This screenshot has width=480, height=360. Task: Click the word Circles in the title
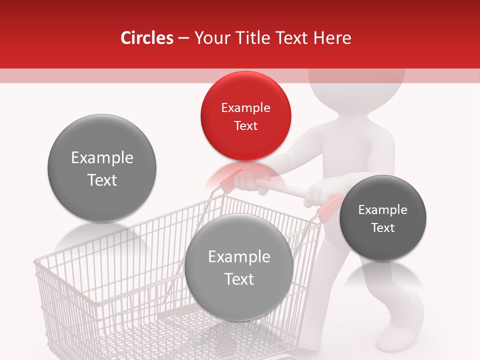point(146,38)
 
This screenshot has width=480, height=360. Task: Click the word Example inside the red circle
point(245,108)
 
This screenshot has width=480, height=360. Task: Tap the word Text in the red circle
point(245,125)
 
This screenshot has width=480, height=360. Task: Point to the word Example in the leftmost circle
point(102,158)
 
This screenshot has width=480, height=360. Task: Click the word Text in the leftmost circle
point(102,180)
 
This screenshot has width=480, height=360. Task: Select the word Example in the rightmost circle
point(382,210)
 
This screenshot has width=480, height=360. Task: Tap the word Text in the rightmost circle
point(382,227)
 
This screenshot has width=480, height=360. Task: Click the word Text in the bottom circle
point(239,279)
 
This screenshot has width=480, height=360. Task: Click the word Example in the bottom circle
point(239,257)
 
